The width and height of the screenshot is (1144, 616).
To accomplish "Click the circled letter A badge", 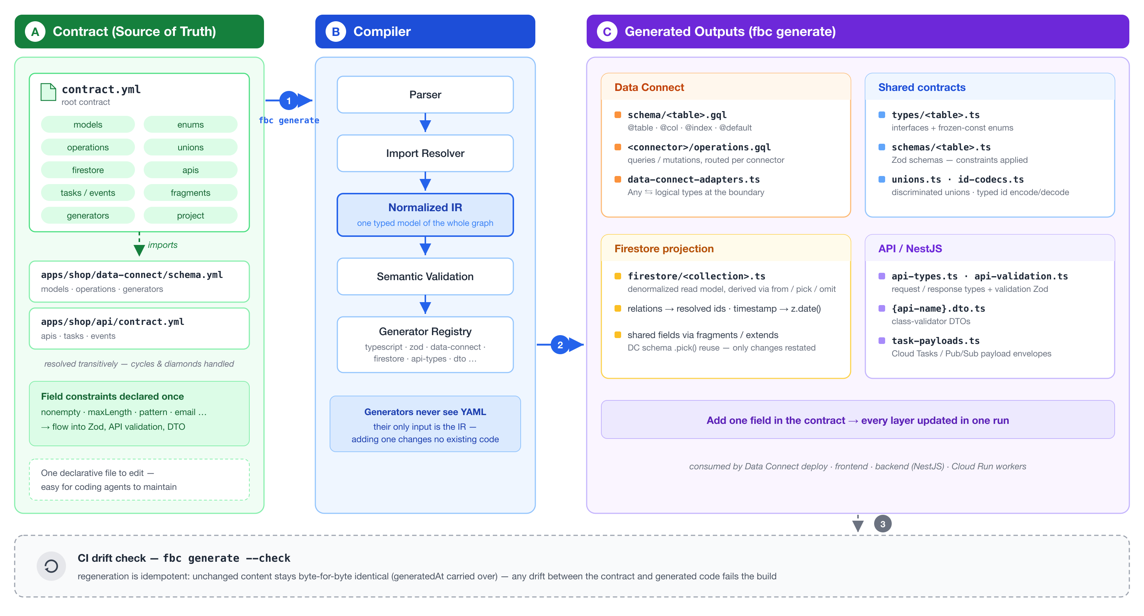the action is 35,32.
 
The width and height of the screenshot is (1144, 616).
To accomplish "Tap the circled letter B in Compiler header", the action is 336,32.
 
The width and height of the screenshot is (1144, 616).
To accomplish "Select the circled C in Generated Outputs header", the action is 607,32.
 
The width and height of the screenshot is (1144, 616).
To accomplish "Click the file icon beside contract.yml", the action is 48,92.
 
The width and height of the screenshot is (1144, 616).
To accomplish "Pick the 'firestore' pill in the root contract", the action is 88,170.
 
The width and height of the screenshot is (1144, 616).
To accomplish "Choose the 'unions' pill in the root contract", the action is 191,147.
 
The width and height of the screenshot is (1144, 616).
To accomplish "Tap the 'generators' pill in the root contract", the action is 88,215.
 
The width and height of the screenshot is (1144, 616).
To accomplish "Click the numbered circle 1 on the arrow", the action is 289,101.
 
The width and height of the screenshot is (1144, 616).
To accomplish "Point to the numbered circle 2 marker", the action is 560,345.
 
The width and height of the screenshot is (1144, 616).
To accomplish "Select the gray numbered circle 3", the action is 883,524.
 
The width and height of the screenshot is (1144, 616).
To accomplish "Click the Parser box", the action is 425,95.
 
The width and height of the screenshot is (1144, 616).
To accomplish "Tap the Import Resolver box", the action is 425,153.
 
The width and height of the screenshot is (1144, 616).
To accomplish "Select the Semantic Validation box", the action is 425,276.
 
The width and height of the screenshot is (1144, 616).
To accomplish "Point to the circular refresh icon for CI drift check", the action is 51,566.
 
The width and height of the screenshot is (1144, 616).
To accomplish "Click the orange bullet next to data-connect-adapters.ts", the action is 618,179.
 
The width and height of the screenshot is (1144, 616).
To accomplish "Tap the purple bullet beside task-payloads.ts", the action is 882,341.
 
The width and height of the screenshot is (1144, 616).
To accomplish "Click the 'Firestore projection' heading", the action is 664,249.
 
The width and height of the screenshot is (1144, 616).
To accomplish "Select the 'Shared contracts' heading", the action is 922,88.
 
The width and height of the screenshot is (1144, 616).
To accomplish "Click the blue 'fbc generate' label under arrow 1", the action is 289,120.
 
